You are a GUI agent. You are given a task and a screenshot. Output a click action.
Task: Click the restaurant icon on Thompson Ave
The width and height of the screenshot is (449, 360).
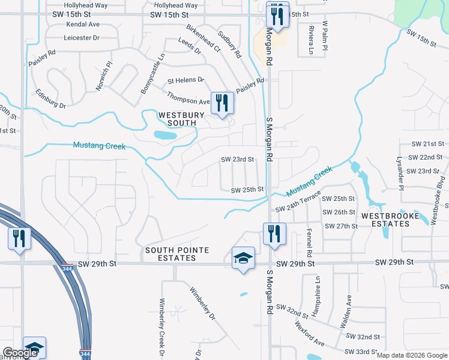pyautogui.click(x=222, y=103)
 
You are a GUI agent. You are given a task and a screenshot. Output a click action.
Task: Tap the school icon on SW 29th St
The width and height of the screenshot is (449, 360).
pyautogui.click(x=243, y=259)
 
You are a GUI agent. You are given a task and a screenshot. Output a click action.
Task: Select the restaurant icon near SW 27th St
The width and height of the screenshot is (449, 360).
pyautogui.click(x=274, y=234)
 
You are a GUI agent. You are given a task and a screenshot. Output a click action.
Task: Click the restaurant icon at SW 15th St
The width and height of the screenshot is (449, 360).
pyautogui.click(x=277, y=15)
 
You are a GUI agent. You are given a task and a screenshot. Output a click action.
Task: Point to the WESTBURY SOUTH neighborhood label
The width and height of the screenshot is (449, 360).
pyautogui.click(x=177, y=119)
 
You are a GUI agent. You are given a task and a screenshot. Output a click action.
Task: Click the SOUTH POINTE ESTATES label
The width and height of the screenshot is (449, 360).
pyautogui.click(x=169, y=254)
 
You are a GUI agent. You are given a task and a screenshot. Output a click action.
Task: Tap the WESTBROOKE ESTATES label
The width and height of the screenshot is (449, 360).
pyautogui.click(x=385, y=220)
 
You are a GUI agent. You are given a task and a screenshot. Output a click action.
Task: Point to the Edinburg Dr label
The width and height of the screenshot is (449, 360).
pyautogui.click(x=50, y=99)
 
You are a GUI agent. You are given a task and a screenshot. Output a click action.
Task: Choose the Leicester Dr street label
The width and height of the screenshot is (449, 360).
pyautogui.click(x=89, y=38)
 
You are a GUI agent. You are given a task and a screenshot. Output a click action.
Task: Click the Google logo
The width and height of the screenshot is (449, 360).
pyautogui.click(x=20, y=353)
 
